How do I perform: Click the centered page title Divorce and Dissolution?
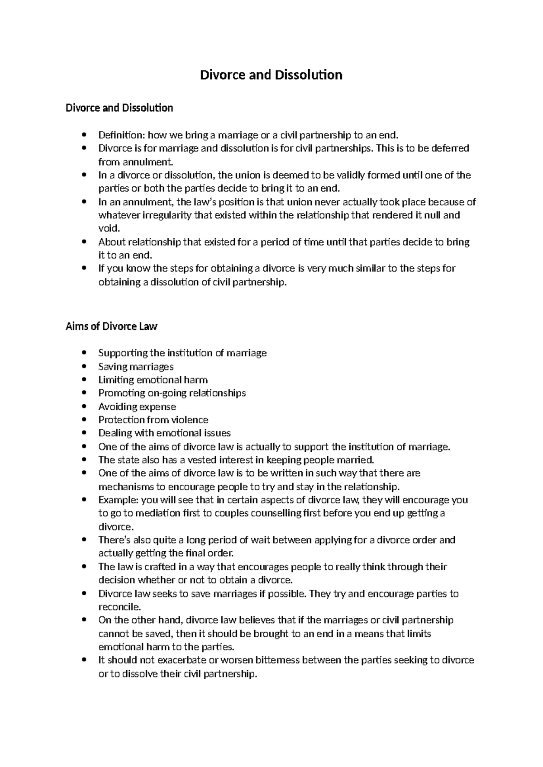(271, 75)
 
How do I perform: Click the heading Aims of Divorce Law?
(111, 326)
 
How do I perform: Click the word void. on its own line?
(110, 228)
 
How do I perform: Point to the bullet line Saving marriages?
(136, 366)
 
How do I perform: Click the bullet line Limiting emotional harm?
(153, 380)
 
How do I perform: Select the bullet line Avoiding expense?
(137, 407)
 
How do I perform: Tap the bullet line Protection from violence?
(153, 420)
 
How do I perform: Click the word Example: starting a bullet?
(119, 500)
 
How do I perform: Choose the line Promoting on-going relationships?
(172, 393)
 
